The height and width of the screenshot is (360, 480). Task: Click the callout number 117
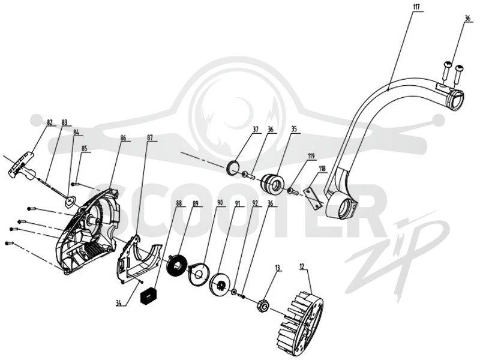tap(417, 7)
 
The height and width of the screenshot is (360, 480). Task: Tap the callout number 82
tap(50, 122)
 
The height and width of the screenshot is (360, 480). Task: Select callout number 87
tap(150, 138)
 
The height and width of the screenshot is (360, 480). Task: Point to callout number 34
tap(119, 304)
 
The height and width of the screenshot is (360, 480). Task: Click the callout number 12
tap(302, 266)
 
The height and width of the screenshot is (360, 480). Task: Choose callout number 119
tap(311, 157)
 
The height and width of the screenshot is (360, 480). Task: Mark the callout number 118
tap(322, 169)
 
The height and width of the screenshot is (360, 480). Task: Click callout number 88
tap(179, 203)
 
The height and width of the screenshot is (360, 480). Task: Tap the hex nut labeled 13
tap(263, 305)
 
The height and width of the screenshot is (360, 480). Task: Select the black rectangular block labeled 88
tap(147, 296)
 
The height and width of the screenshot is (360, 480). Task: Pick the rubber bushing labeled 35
tap(274, 185)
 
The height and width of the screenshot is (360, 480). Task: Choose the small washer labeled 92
tap(234, 292)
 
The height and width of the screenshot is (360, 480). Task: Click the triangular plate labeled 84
tap(71, 202)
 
